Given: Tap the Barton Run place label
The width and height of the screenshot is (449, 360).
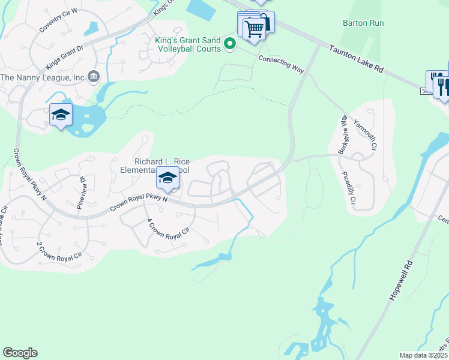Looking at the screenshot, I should (x=363, y=23).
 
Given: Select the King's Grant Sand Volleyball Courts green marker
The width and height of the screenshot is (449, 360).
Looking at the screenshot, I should (x=229, y=43).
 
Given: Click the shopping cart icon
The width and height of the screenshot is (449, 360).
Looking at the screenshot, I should (x=254, y=28).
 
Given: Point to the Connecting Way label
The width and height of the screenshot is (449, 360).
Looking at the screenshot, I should (x=282, y=63).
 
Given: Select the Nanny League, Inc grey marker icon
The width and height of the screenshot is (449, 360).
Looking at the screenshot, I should (x=94, y=76).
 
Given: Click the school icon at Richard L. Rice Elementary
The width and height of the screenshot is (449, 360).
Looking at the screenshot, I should (x=168, y=178).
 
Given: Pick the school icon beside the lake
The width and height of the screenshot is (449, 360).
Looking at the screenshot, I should (x=61, y=115).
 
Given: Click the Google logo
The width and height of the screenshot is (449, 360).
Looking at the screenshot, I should (x=20, y=353).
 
